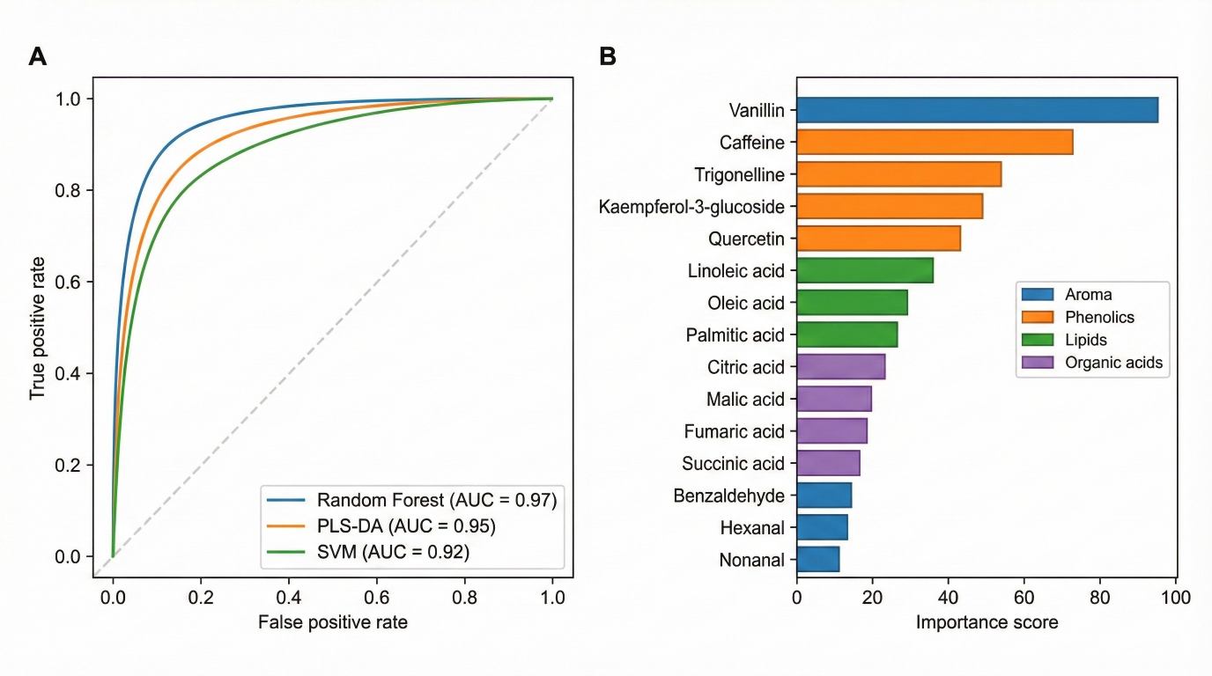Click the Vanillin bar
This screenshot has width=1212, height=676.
977,110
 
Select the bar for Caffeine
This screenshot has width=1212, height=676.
935,142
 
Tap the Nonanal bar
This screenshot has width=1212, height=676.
817,559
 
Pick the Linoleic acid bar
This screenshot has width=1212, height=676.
864,270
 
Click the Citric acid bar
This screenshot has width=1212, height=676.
840,367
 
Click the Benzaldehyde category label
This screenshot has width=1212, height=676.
728,496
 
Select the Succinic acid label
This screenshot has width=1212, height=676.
733,463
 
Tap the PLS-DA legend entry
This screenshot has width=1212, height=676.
406,526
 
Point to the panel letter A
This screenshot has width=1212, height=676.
38,57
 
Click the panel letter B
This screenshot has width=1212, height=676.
608,57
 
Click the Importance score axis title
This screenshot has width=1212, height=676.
987,622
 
